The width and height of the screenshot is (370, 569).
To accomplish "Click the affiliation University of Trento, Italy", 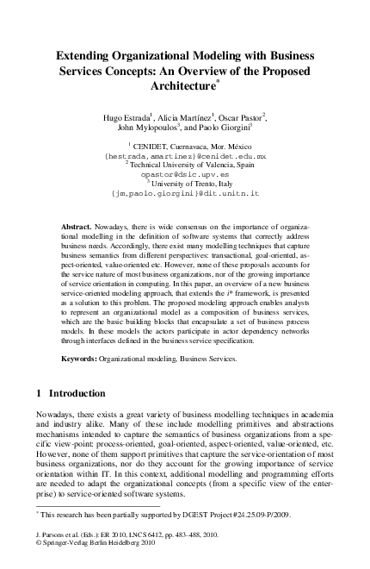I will point(184,182).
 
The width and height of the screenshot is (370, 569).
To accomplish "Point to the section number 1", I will point(40,392).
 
